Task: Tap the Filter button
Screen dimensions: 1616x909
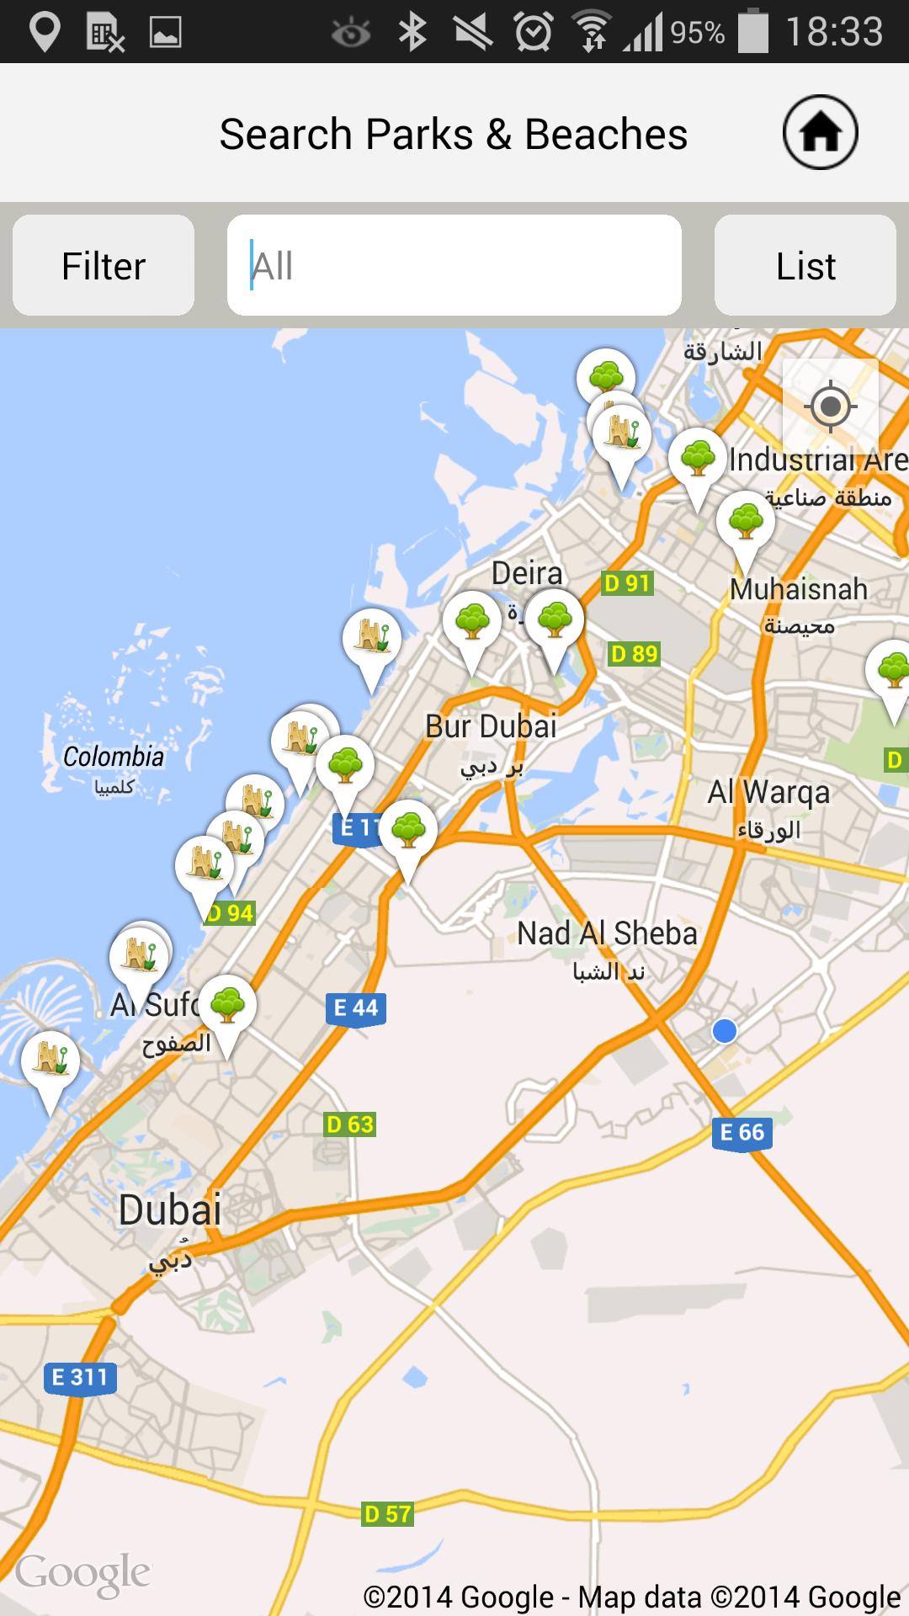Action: [104, 266]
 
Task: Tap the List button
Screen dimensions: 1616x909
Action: [805, 266]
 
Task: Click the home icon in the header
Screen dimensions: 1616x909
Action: [820, 133]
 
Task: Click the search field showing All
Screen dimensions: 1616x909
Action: [454, 266]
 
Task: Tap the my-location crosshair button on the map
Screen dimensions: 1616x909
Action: [830, 407]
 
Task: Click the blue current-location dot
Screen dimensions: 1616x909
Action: [724, 1030]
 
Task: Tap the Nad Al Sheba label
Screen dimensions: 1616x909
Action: [607, 933]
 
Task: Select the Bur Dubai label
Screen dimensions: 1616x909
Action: [491, 726]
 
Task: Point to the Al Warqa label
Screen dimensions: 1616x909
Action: [768, 792]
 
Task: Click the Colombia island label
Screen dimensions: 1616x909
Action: [114, 757]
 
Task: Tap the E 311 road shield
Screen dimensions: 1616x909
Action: [80, 1378]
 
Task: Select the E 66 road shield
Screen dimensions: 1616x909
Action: [742, 1133]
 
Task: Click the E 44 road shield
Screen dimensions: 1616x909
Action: [356, 1008]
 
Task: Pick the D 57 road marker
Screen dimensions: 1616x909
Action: [387, 1514]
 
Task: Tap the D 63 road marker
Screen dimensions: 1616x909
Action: [349, 1124]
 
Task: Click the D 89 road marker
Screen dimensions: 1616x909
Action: [634, 654]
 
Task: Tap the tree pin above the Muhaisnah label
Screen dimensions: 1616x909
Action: [745, 523]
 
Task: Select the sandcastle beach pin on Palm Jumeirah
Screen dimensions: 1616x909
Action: [50, 1063]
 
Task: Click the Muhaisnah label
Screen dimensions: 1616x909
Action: [798, 589]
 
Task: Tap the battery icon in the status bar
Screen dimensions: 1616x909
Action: [753, 32]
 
